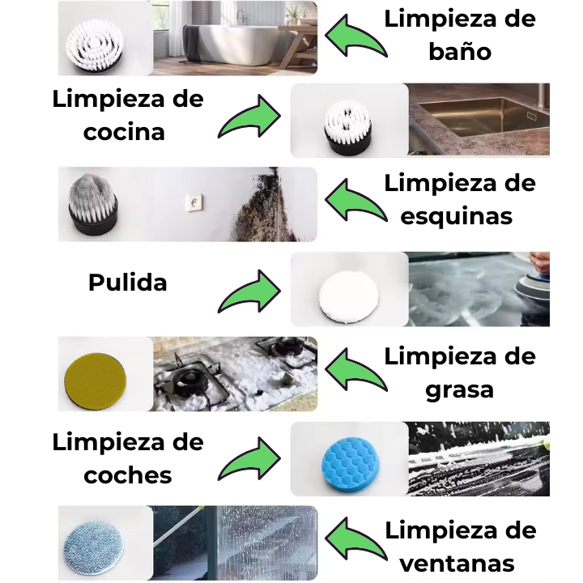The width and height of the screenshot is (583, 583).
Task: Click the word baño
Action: [460, 51]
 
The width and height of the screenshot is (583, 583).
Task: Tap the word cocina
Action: [124, 132]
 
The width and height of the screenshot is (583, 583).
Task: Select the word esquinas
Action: [457, 216]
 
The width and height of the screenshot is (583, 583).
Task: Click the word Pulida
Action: [128, 283]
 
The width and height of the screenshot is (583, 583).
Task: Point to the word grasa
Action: [460, 390]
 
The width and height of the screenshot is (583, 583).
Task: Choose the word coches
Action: [128, 474]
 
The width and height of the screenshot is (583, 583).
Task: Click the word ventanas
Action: [457, 564]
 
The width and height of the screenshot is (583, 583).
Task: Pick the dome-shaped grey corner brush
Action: [93, 203]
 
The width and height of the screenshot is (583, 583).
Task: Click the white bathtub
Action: [237, 45]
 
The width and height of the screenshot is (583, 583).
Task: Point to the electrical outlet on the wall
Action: [194, 203]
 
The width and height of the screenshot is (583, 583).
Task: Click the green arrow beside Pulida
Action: [249, 291]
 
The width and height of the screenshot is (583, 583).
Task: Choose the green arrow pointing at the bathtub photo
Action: [356, 36]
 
